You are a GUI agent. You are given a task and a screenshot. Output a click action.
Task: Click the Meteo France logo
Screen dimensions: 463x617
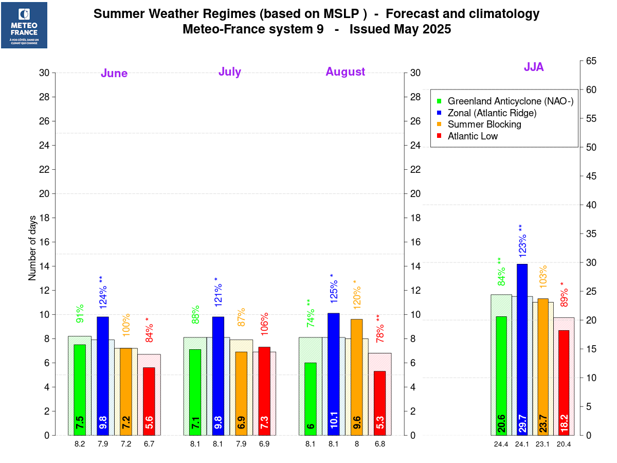[x=24, y=25]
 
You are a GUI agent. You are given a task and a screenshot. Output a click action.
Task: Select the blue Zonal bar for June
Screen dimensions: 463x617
[x=103, y=376]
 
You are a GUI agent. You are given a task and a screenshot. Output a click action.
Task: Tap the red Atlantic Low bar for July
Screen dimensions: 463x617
[x=264, y=391]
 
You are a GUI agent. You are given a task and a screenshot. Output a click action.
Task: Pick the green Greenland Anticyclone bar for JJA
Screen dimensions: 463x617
[x=501, y=376]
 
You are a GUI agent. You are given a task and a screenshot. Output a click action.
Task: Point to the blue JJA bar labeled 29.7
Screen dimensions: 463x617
[x=522, y=350]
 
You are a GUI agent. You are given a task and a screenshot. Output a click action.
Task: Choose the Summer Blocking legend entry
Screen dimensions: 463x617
[x=484, y=124]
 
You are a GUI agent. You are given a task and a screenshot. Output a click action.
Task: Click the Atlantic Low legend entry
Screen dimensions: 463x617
[x=473, y=136]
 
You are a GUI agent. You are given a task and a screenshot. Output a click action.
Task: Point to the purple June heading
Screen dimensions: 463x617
[x=114, y=73]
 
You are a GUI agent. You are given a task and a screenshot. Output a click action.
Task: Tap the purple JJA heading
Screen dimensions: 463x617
[x=534, y=67]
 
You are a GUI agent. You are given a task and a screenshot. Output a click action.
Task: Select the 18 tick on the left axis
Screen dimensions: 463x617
[x=44, y=218]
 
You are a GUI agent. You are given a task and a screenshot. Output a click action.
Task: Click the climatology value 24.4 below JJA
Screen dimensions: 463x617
[x=501, y=444]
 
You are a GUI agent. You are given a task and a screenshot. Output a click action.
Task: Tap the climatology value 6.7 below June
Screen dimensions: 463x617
[x=149, y=444]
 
